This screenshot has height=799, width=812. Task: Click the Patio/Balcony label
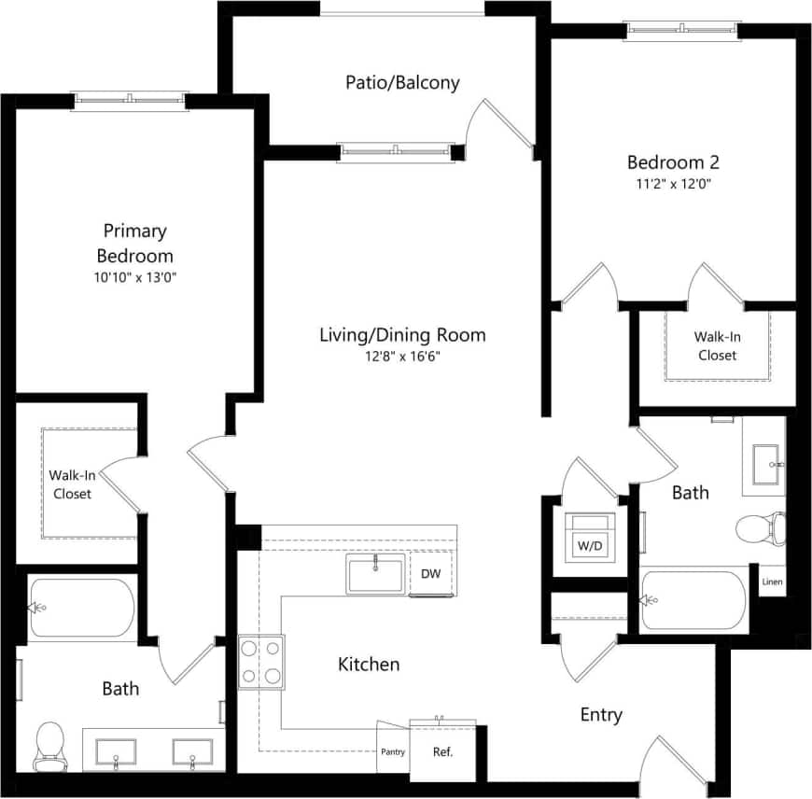coord(402,83)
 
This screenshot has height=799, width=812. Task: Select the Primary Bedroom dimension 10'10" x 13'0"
coord(136,277)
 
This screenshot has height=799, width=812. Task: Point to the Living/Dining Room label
coord(402,335)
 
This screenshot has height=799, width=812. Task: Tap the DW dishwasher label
coord(430,574)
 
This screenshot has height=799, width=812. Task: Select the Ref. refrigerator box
coord(442,750)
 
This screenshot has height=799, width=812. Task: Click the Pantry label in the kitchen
coord(393,752)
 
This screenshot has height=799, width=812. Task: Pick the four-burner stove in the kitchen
coord(261,662)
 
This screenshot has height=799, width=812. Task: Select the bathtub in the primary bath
coord(82,610)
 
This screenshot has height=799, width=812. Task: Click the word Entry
coord(601,715)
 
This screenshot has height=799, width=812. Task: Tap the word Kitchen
coord(369,665)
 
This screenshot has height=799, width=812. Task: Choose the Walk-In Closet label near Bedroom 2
coord(716,346)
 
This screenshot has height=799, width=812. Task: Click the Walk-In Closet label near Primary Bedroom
coord(72,484)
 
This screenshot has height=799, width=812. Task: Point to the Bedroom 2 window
coord(682,30)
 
